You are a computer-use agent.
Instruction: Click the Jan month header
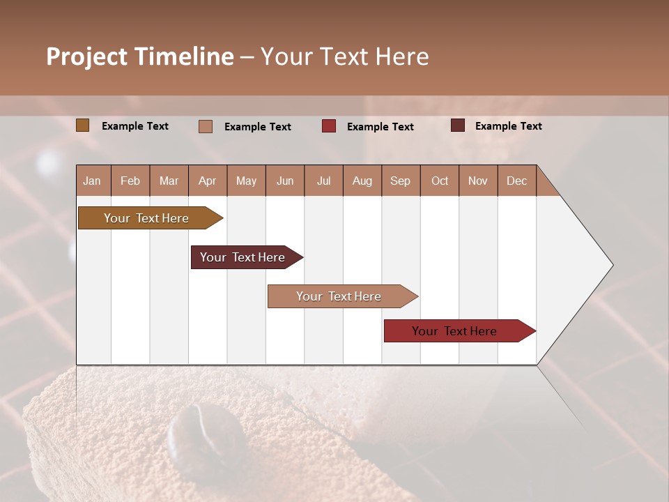click(x=93, y=181)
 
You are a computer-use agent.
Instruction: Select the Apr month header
click(x=208, y=181)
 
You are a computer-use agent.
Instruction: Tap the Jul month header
click(x=323, y=181)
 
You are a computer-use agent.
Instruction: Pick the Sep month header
click(x=400, y=181)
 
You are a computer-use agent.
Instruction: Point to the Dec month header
click(x=516, y=181)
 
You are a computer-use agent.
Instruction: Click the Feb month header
click(x=130, y=181)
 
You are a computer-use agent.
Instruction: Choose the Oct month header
click(x=440, y=181)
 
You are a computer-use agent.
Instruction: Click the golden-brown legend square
click(x=83, y=125)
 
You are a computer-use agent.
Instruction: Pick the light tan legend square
click(x=206, y=126)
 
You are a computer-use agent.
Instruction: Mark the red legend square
click(x=329, y=126)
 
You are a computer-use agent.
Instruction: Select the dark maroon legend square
click(x=458, y=125)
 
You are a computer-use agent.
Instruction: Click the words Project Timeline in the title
click(x=140, y=56)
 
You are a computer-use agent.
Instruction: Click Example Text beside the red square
click(x=380, y=127)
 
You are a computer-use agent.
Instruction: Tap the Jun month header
click(x=285, y=181)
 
